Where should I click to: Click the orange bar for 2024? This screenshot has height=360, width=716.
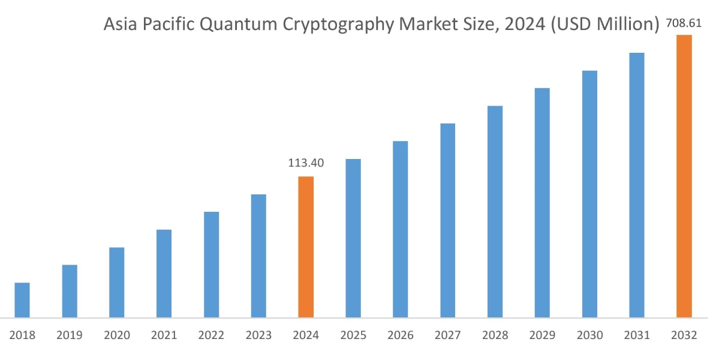point(306,247)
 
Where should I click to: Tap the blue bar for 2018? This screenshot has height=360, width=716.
point(22,299)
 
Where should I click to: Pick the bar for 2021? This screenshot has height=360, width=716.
point(164,273)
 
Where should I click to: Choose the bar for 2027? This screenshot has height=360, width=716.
point(448,220)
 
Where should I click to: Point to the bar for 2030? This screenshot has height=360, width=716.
point(589,194)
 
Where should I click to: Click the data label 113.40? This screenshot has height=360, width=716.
point(306,163)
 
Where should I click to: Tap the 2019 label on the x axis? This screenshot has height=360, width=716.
point(70,335)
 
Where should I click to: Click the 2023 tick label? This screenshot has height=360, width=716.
point(258,335)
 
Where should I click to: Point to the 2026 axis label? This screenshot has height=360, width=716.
point(401,335)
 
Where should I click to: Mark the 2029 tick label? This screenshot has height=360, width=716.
point(542,335)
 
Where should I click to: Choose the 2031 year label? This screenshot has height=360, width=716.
point(636,335)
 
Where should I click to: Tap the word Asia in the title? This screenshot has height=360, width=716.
point(121,25)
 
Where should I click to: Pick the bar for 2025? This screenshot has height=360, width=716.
point(353,238)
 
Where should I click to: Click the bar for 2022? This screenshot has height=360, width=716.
point(212,264)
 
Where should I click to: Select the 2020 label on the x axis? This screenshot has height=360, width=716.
point(117,335)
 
